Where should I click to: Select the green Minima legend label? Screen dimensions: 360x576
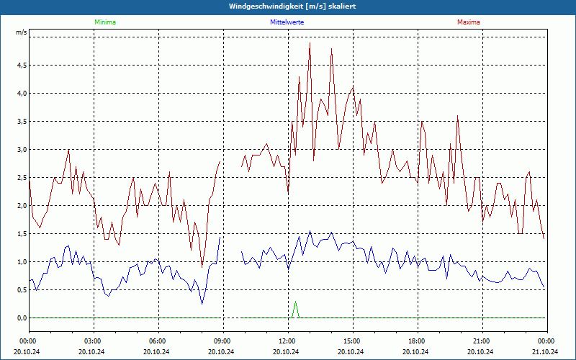[104, 22]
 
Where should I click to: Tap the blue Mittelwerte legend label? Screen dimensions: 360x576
[287, 22]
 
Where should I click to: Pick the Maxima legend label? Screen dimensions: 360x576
[469, 22]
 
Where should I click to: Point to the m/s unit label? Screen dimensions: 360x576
[22, 32]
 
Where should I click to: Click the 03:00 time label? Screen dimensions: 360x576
[93, 341]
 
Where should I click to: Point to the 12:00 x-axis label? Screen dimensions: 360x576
[287, 341]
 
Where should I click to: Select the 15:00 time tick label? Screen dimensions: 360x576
[352, 341]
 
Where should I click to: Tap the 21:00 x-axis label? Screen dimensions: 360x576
[482, 341]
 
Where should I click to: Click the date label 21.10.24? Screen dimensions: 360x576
[546, 351]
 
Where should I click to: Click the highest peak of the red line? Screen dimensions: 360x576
[310, 43]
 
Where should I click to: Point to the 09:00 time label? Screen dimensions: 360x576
[222, 341]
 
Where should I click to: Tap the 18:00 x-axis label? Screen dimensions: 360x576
[417, 341]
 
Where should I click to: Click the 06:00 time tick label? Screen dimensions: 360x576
[158, 341]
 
